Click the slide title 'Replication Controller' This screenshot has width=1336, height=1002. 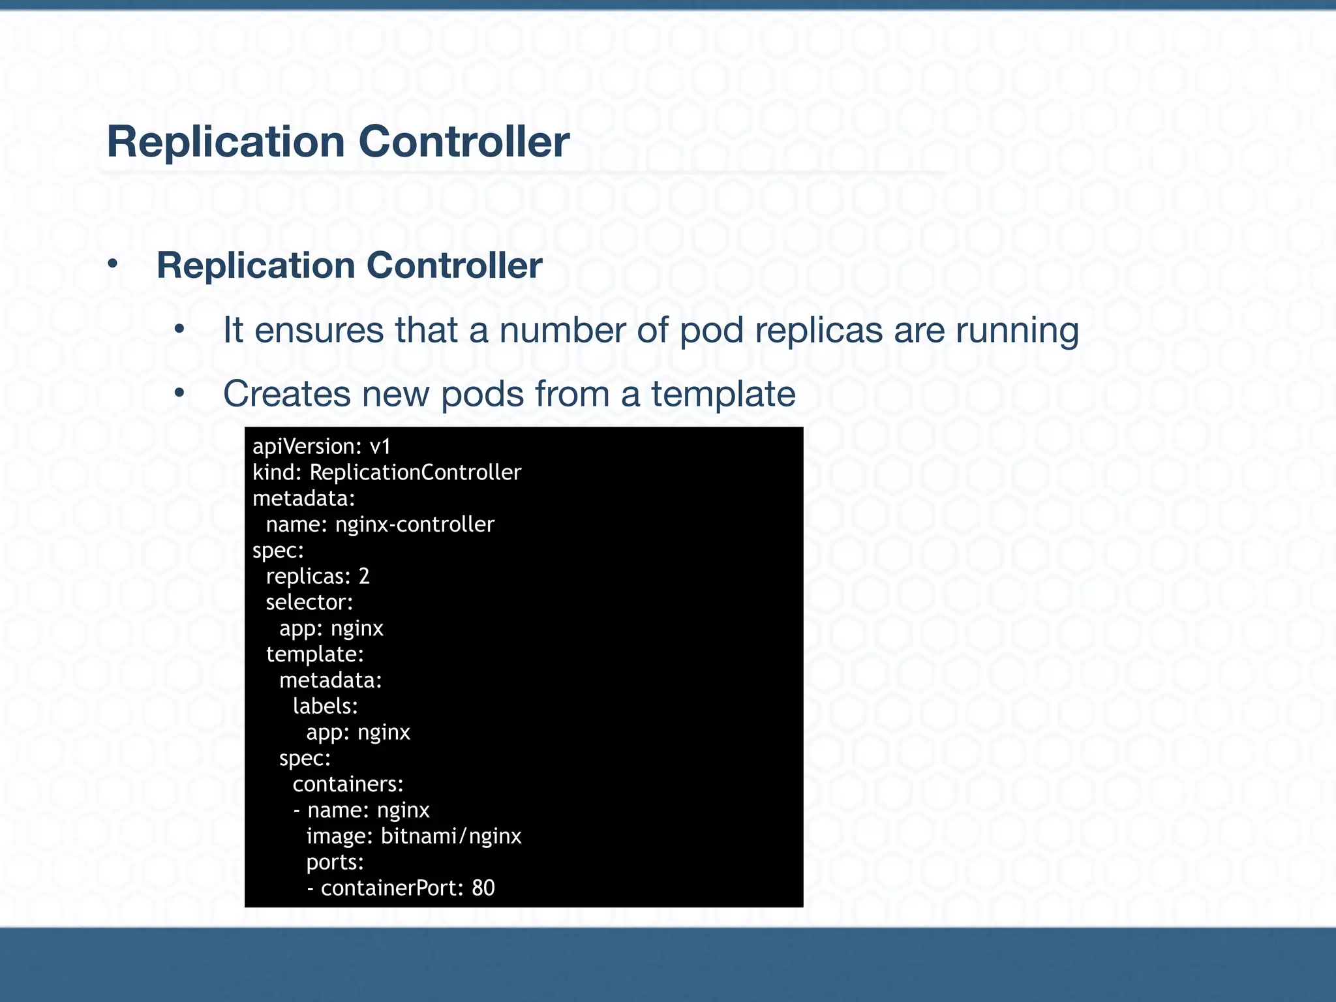(338, 142)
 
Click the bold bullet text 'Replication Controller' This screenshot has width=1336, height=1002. (349, 266)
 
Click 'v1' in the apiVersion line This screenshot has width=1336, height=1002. (380, 447)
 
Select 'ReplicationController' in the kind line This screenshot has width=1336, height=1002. (416, 472)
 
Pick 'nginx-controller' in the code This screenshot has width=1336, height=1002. (415, 524)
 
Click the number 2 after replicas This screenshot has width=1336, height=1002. (364, 577)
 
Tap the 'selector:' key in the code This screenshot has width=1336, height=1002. (309, 602)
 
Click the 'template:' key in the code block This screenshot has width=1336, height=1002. (315, 654)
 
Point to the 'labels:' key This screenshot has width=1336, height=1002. (326, 706)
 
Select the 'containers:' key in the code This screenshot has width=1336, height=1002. (348, 784)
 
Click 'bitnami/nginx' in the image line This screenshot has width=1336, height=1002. (451, 836)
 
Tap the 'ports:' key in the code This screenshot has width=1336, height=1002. (335, 862)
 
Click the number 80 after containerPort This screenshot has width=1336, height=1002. (483, 888)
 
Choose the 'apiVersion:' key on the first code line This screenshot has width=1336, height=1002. (307, 447)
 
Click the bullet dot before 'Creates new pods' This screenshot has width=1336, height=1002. (180, 393)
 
